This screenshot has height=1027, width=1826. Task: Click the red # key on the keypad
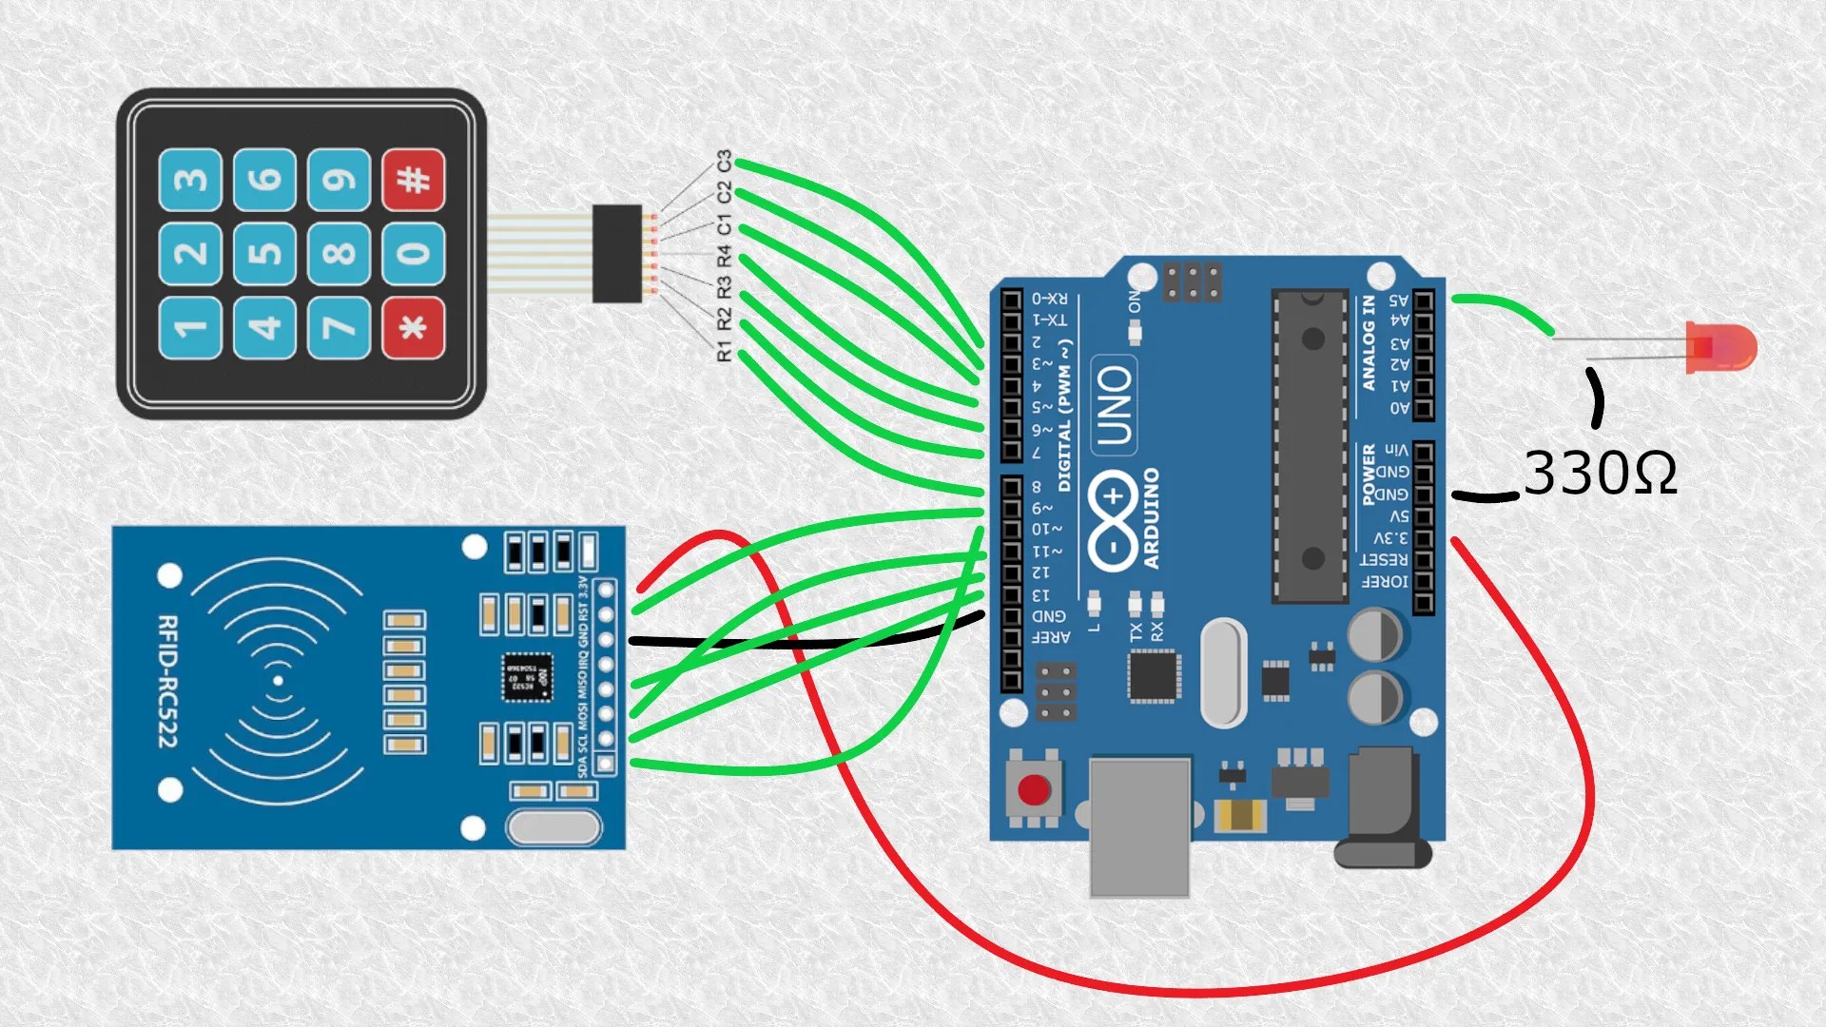pos(413,180)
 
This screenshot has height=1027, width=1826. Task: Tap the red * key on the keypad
pos(413,328)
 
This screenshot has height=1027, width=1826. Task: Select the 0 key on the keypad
pos(413,254)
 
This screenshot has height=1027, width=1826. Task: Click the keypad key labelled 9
pos(339,180)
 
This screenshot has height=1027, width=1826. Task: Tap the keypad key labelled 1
pos(190,328)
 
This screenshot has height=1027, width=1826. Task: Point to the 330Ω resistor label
pos(1600,473)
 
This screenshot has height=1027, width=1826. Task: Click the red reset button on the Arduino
pos(1034,789)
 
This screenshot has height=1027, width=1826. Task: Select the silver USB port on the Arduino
pos(1139,825)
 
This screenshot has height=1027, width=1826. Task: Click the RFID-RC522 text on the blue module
pos(167,681)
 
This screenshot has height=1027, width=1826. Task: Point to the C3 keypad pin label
pos(725,161)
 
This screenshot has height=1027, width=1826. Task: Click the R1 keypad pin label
pos(725,352)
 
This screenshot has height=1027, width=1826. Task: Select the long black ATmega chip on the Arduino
pos(1311,446)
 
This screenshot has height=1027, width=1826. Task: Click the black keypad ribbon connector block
pos(616,254)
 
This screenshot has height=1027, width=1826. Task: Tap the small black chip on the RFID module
pos(526,677)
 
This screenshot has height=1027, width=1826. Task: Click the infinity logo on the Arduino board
pos(1113,522)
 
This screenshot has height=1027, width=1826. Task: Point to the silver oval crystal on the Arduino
pos(1223,672)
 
